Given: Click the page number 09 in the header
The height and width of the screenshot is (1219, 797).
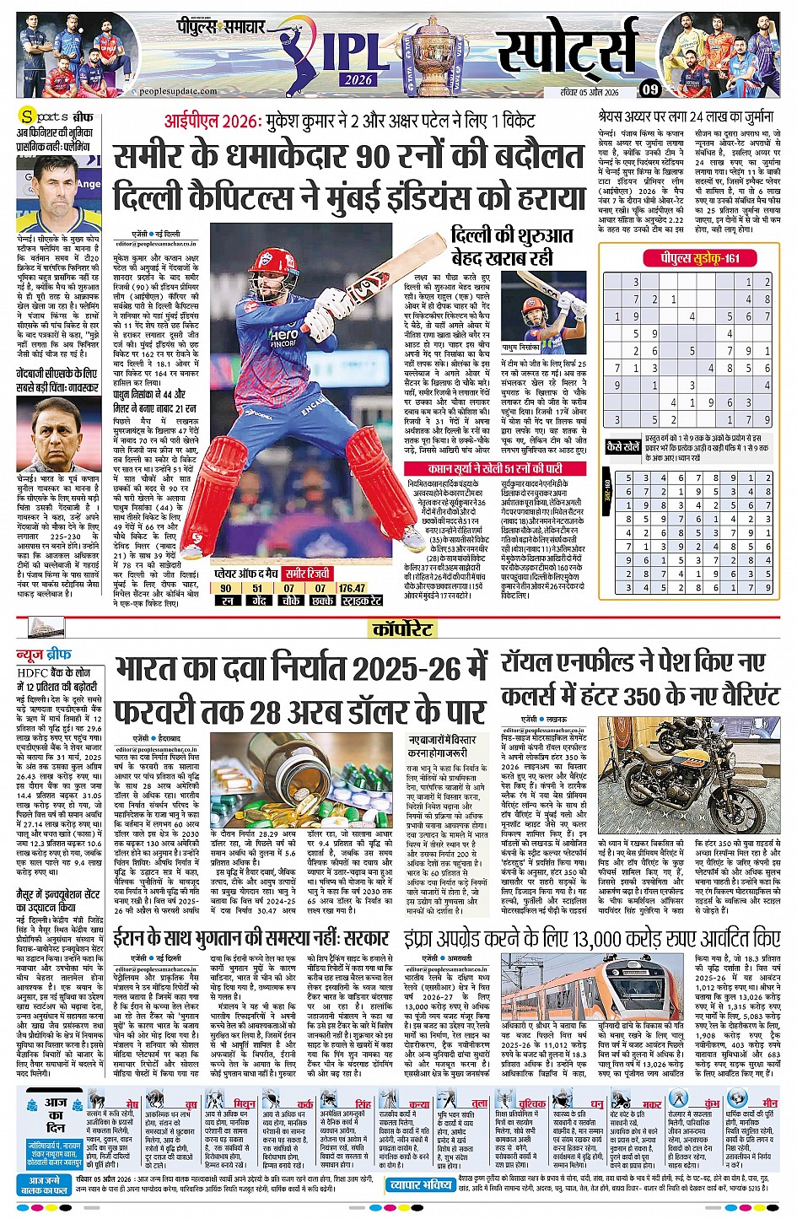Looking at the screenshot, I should coord(650,89).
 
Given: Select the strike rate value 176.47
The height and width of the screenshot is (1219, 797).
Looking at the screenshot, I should coord(352,588).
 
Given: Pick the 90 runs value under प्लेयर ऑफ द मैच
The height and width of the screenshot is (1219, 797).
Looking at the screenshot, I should coord(226,588).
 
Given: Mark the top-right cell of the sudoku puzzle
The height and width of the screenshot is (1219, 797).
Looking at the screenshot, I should coord(767,283).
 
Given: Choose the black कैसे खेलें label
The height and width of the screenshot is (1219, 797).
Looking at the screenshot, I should coord(622,446).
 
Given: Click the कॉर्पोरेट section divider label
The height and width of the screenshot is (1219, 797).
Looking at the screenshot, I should coord(403,628).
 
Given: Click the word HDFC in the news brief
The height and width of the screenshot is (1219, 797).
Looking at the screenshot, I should coord(33,672).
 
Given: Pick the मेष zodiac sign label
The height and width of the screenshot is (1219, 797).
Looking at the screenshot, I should coord(132,1103).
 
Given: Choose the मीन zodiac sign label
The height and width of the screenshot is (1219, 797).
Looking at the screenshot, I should coord(770,1103).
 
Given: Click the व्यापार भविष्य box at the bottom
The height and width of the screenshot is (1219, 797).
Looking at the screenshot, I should coord(420,1184).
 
